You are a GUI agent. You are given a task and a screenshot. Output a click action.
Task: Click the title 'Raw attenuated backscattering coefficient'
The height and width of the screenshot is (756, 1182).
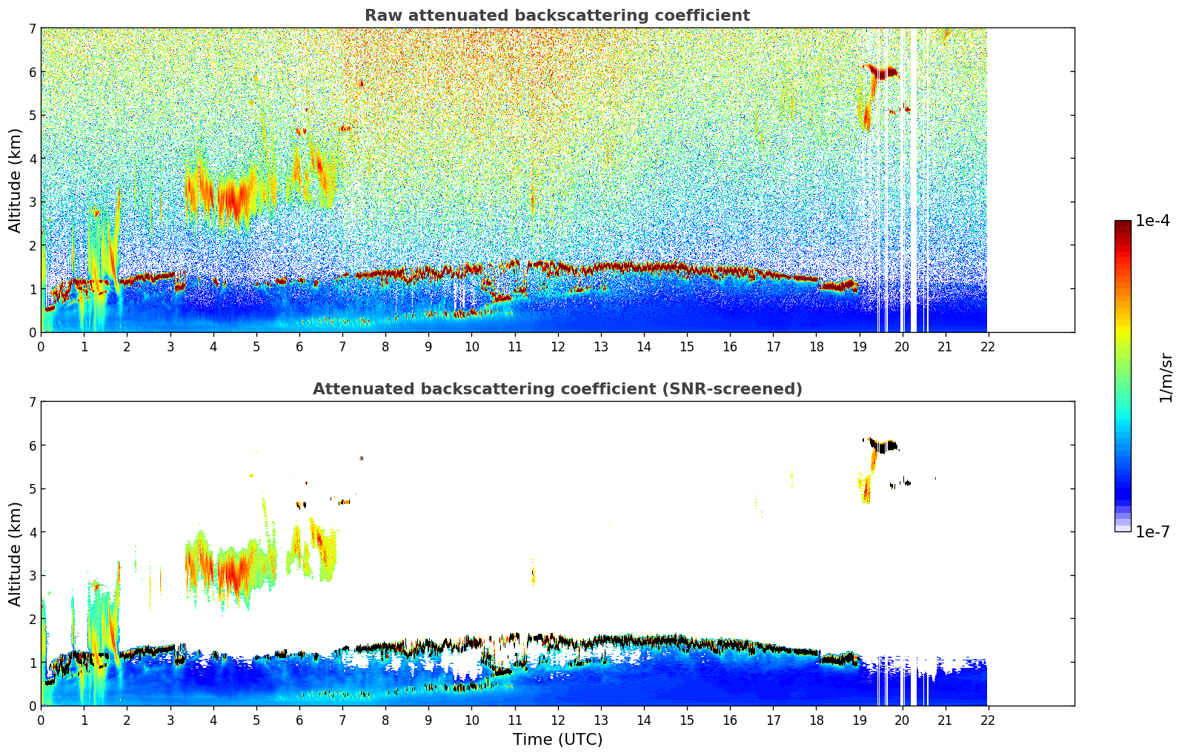click(x=557, y=16)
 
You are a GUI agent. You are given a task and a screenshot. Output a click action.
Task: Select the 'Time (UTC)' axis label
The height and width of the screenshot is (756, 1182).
click(x=557, y=740)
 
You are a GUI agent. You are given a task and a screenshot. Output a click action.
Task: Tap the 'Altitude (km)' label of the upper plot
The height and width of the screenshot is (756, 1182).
click(x=16, y=180)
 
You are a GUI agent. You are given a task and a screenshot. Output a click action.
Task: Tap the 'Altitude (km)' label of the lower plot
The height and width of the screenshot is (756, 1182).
click(x=16, y=554)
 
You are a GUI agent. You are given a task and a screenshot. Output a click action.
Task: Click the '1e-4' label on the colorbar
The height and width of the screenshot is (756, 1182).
click(x=1152, y=221)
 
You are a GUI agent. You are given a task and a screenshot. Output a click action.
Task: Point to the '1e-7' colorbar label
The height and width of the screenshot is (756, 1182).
click(x=1152, y=531)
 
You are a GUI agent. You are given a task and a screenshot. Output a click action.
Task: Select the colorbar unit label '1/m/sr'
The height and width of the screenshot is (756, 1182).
click(x=1166, y=377)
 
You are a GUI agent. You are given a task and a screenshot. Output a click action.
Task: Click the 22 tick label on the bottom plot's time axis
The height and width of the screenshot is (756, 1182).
click(x=987, y=720)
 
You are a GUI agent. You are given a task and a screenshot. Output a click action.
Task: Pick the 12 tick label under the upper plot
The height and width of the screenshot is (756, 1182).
click(x=557, y=346)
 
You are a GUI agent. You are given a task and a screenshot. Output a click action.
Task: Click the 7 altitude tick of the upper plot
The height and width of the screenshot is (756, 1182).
click(x=33, y=29)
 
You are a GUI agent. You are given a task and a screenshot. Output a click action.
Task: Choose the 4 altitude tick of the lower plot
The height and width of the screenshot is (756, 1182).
click(x=33, y=532)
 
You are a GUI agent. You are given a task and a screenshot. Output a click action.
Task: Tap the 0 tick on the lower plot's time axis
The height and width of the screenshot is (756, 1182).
click(x=41, y=720)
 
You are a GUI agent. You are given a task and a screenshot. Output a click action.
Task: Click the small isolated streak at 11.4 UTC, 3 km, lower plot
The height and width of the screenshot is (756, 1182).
click(x=533, y=573)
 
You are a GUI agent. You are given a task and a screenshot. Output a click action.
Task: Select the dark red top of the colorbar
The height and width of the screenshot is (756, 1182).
click(x=1122, y=225)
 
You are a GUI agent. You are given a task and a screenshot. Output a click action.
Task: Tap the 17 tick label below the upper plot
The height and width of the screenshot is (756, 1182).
click(x=772, y=346)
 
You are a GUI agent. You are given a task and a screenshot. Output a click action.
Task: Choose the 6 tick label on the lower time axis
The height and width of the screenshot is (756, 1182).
click(x=299, y=720)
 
